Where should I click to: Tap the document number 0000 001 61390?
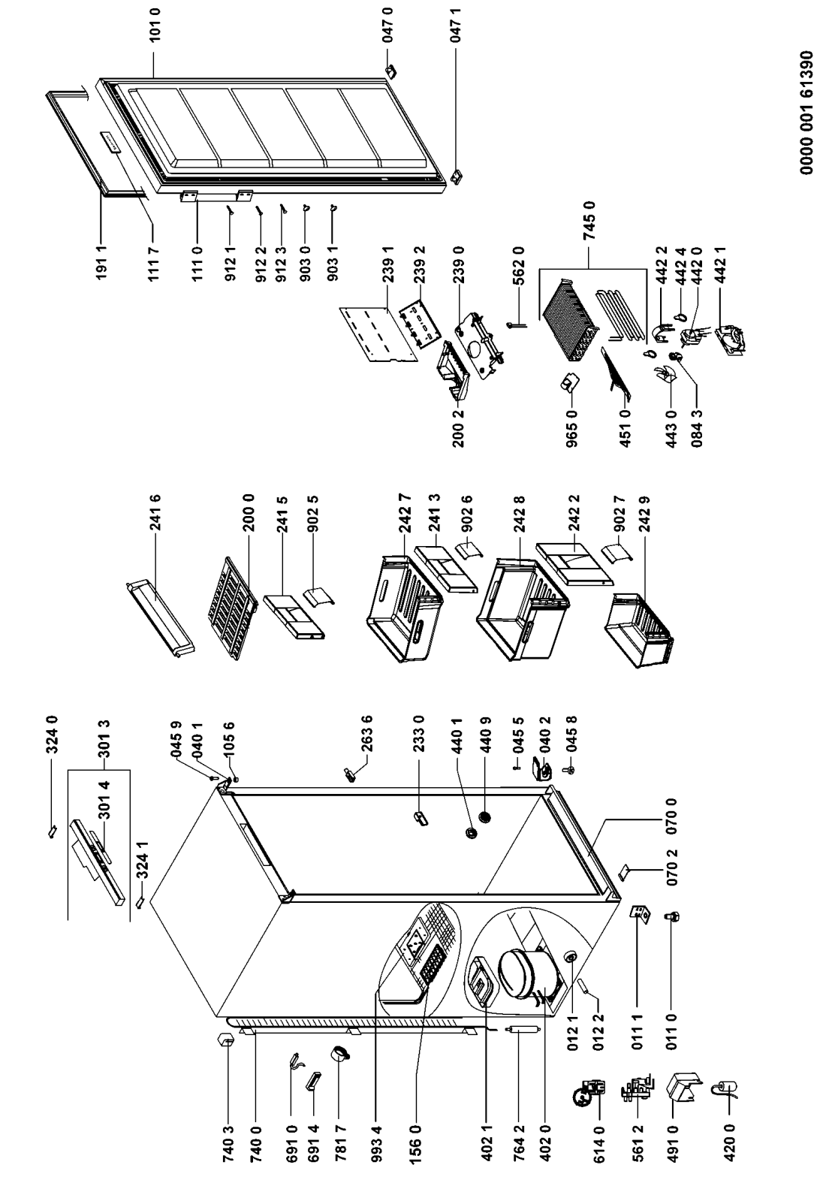coord(806,112)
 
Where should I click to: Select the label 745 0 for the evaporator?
coord(589,220)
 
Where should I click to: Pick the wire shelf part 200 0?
coord(232,608)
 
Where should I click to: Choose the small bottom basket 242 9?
coord(640,630)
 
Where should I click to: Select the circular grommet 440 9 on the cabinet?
coord(485,817)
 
